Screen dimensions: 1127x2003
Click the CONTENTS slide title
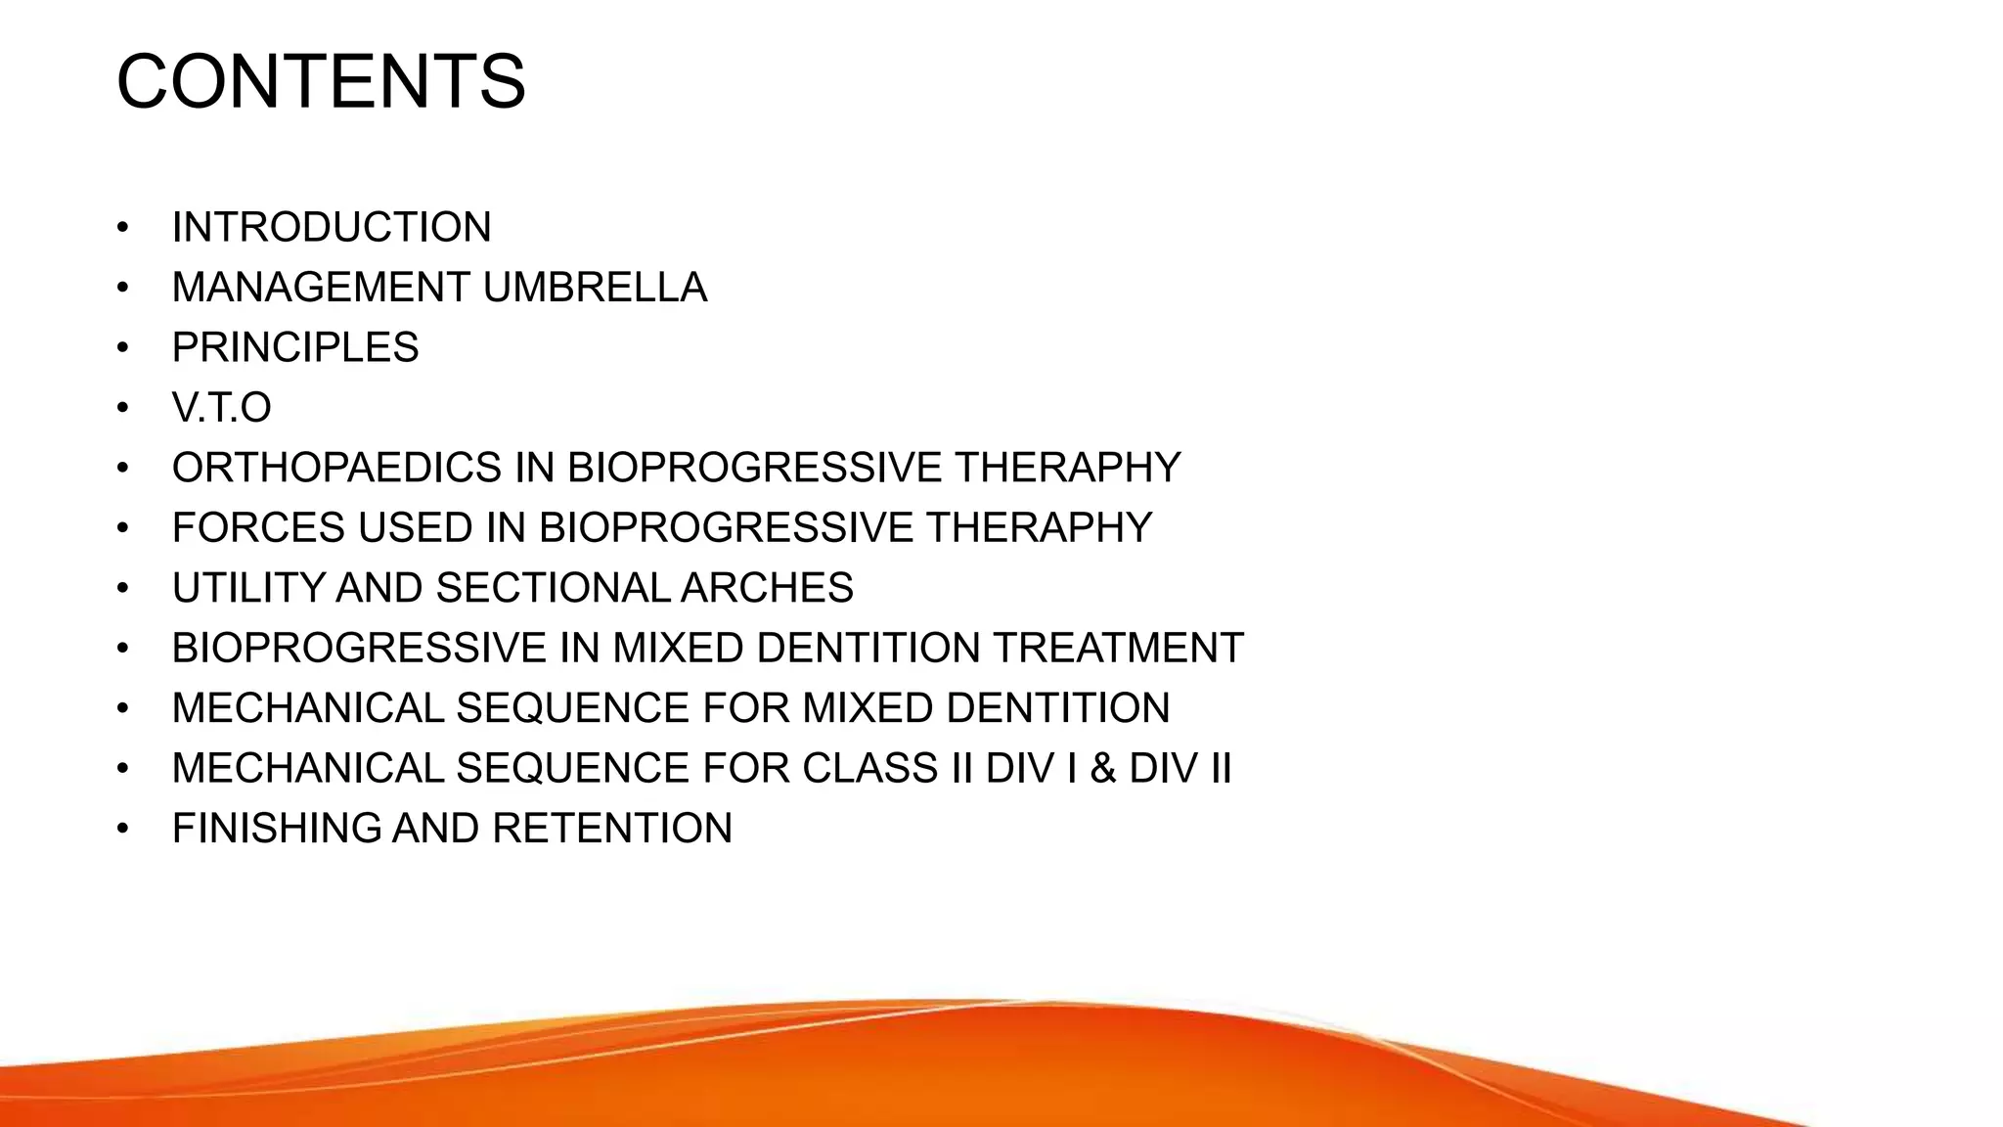click(x=321, y=82)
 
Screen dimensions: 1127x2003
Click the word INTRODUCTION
click(x=332, y=228)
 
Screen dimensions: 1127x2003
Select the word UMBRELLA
click(x=595, y=288)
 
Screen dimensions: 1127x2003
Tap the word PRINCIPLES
click(x=295, y=348)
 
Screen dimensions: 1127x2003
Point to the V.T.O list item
click(x=221, y=408)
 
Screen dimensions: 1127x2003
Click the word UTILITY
click(x=247, y=588)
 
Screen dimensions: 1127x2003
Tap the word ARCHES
click(x=767, y=588)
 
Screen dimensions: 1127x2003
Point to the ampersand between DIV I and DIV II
click(x=1103, y=768)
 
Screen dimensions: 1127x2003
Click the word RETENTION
click(x=612, y=829)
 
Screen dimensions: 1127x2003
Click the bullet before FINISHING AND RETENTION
click(x=122, y=830)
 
